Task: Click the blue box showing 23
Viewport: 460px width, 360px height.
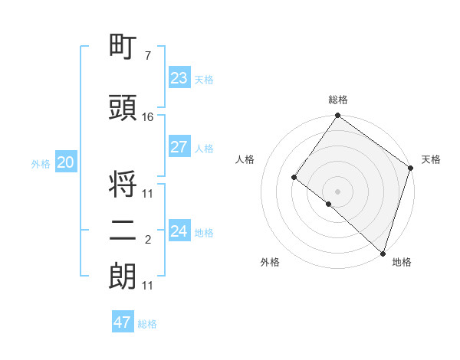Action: [179, 78]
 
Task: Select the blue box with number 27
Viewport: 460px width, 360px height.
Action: [179, 147]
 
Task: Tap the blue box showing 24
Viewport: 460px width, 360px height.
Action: [179, 231]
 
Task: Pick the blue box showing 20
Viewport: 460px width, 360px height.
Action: [66, 162]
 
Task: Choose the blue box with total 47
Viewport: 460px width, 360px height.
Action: [123, 322]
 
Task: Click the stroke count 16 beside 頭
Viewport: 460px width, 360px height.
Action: [148, 116]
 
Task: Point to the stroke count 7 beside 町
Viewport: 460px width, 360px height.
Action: [147, 55]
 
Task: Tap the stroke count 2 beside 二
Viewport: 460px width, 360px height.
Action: [147, 241]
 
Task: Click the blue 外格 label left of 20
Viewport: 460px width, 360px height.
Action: [40, 163]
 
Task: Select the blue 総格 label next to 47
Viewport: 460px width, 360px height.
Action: [147, 324]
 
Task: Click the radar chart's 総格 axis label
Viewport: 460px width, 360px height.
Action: [337, 100]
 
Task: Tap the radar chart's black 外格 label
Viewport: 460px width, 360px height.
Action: [270, 262]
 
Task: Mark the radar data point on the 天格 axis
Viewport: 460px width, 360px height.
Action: [411, 169]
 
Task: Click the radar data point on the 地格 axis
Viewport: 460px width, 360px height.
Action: [383, 254]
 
